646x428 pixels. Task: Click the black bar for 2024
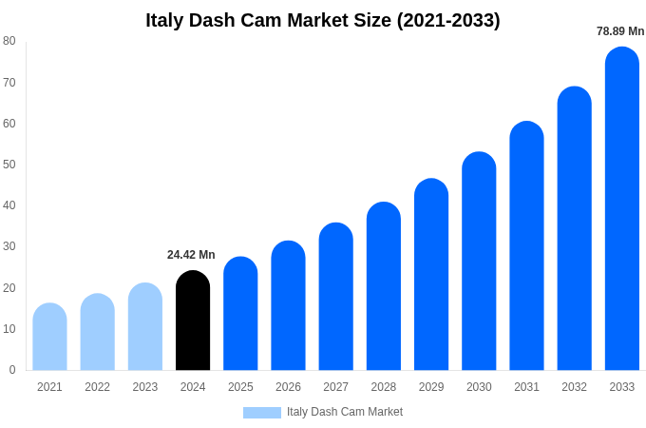pyautogui.click(x=193, y=321)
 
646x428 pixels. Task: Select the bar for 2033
pyautogui.click(x=622, y=209)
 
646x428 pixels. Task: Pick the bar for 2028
pyautogui.click(x=384, y=286)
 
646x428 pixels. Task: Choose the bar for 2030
pyautogui.click(x=479, y=262)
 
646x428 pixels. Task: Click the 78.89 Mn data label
pyautogui.click(x=620, y=31)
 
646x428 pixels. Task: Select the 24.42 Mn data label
pyautogui.click(x=191, y=255)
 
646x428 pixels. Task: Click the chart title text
pyautogui.click(x=323, y=20)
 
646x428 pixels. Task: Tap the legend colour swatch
pyautogui.click(x=262, y=413)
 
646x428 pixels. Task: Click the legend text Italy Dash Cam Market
pyautogui.click(x=345, y=412)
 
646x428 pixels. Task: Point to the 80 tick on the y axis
pyautogui.click(x=9, y=41)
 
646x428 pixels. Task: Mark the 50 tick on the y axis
pyautogui.click(x=9, y=165)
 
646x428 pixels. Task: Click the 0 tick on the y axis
pyautogui.click(x=12, y=370)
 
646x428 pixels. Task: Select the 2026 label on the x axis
pyautogui.click(x=288, y=387)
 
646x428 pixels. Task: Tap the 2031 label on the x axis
pyautogui.click(x=526, y=387)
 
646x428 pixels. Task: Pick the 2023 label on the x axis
pyautogui.click(x=145, y=387)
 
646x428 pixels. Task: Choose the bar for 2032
pyautogui.click(x=574, y=228)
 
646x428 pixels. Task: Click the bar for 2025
pyautogui.click(x=240, y=314)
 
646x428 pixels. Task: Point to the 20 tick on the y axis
pyautogui.click(x=9, y=288)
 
